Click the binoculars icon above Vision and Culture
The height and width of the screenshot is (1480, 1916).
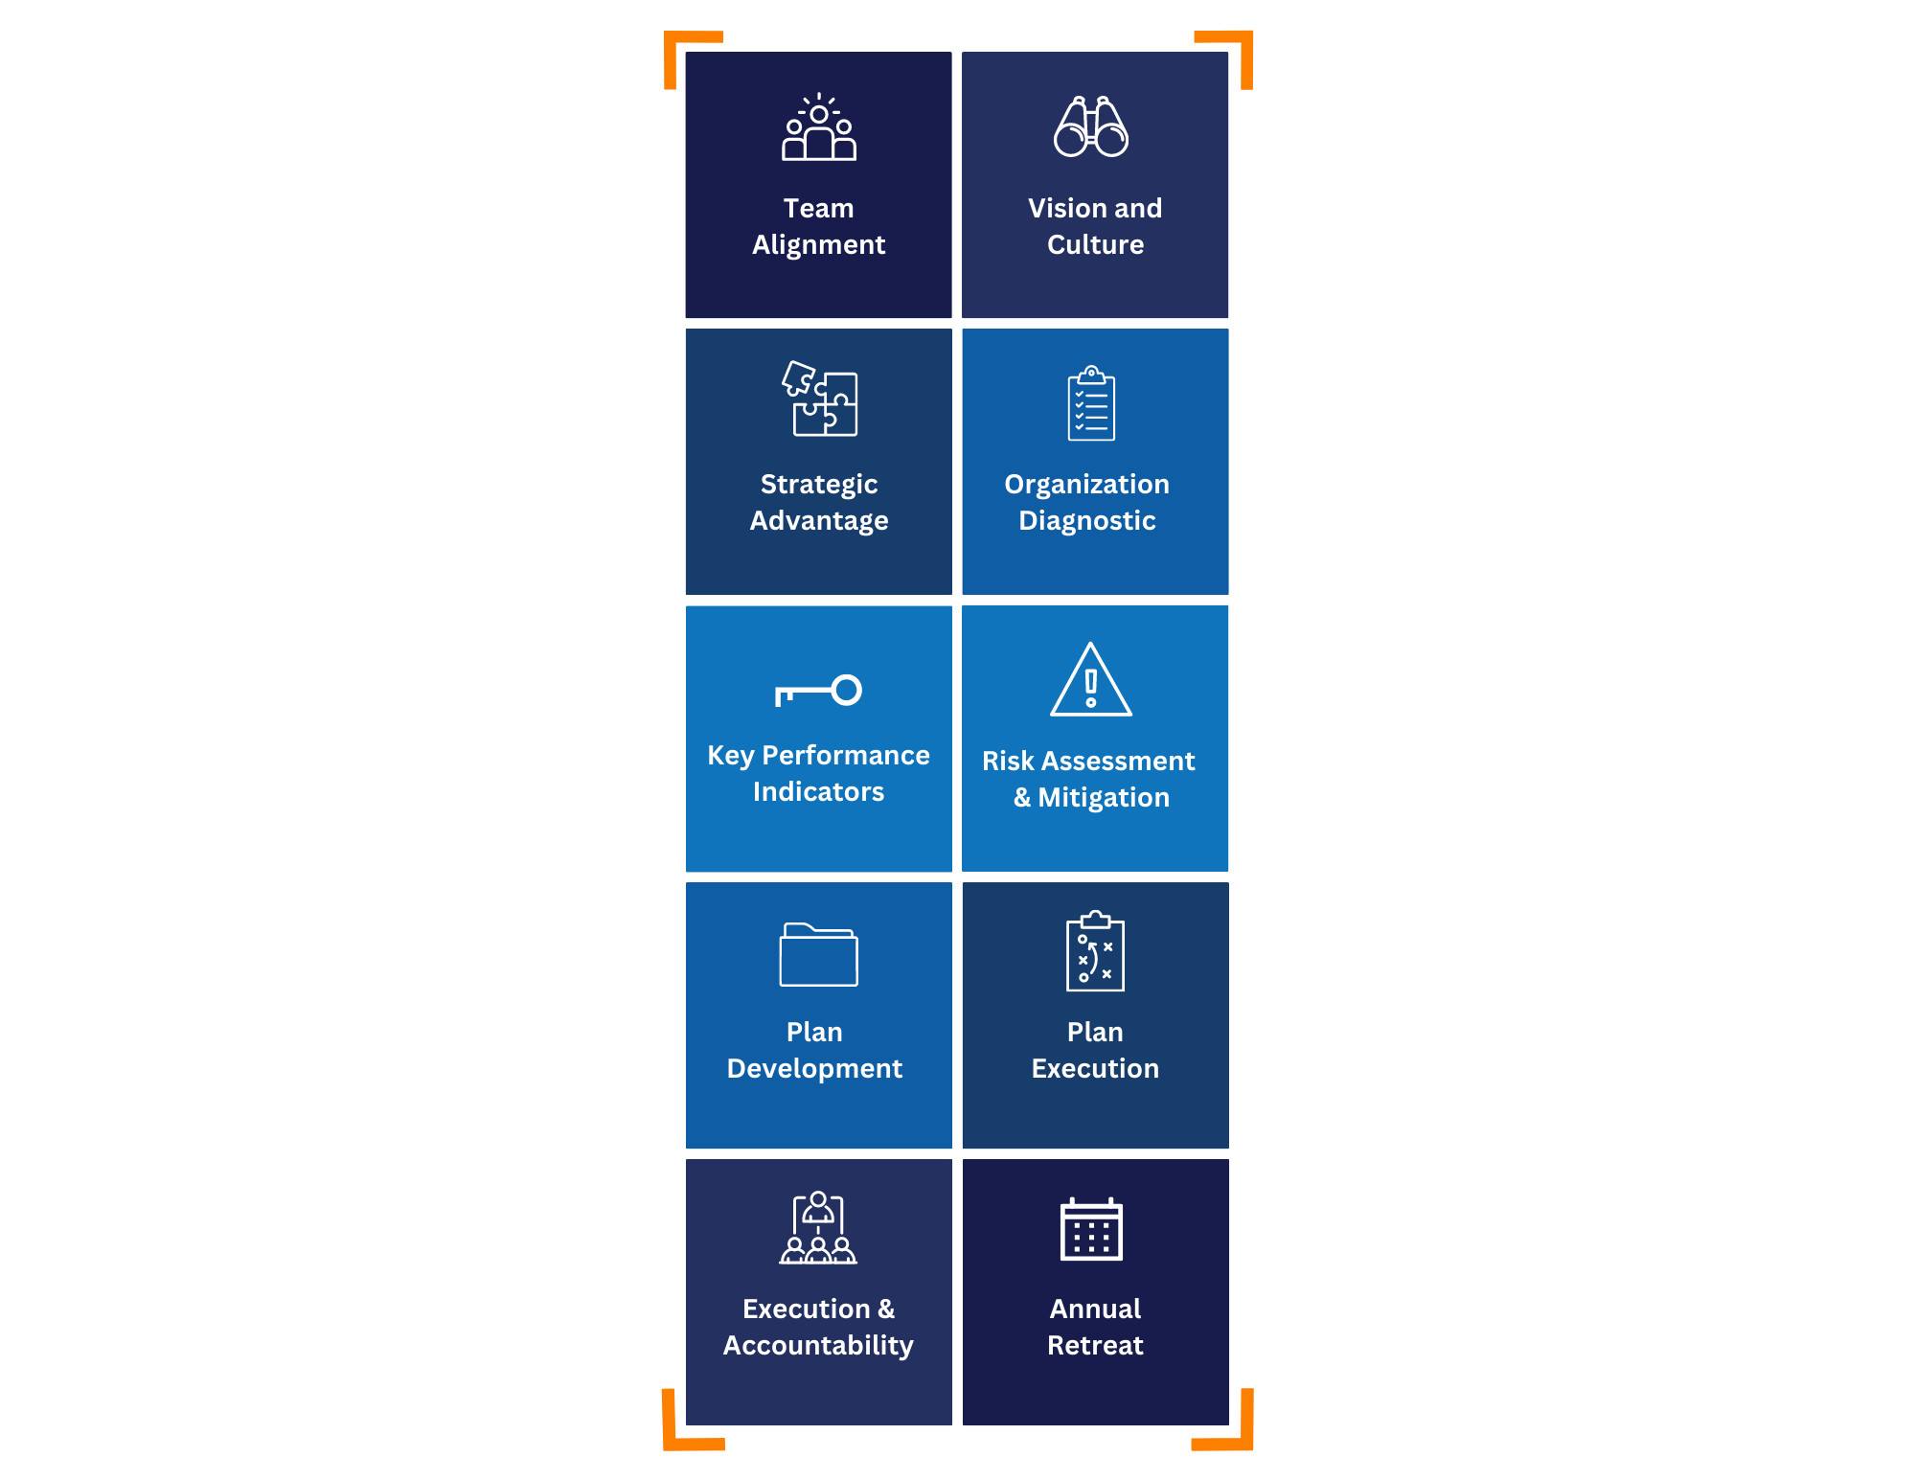click(x=1091, y=125)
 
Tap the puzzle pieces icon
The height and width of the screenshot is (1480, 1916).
click(x=819, y=398)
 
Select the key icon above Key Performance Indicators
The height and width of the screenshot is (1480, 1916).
click(x=818, y=691)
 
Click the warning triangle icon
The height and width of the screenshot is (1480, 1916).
click(x=1091, y=679)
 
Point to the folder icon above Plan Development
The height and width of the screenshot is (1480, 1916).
click(x=819, y=954)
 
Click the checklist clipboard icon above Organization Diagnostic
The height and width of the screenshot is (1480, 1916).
click(x=1091, y=402)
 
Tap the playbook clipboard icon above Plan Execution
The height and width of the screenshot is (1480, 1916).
click(x=1095, y=950)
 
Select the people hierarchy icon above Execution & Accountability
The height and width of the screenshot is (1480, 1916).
click(x=818, y=1228)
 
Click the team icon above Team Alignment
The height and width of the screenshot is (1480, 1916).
click(x=819, y=126)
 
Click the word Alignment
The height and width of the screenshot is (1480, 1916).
click(x=819, y=245)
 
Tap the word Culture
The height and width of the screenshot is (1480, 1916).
click(x=1095, y=244)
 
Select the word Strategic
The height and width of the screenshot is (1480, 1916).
click(x=819, y=485)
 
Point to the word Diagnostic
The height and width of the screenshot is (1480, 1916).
click(x=1087, y=520)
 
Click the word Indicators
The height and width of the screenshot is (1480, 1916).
click(x=819, y=791)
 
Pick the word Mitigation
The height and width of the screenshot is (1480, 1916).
click(x=1104, y=798)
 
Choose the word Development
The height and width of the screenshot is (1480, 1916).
click(x=815, y=1069)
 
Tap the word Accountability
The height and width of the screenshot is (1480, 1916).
click(x=819, y=1346)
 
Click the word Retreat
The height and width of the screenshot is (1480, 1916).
click(x=1095, y=1345)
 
